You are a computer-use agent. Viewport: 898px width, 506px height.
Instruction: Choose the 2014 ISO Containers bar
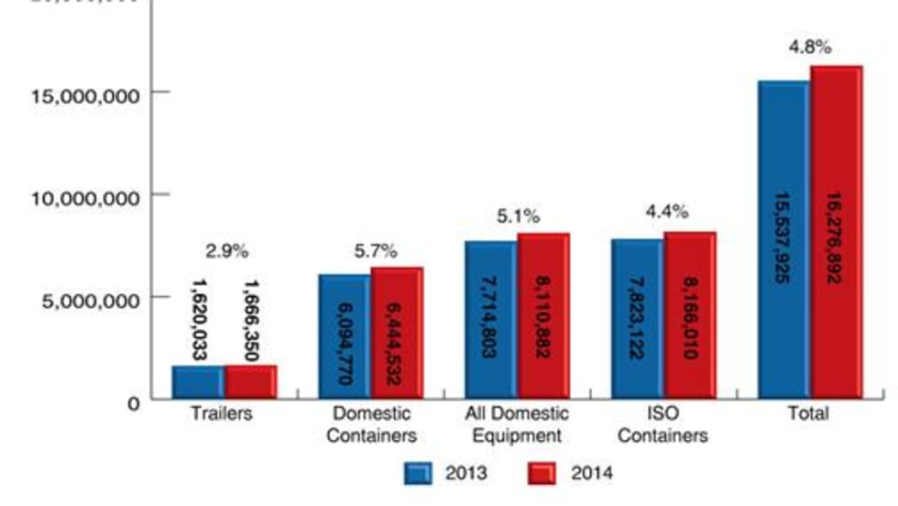point(689,315)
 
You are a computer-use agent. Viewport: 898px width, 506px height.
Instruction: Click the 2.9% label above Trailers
point(225,250)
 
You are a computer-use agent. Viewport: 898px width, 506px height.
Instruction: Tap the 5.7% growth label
point(376,250)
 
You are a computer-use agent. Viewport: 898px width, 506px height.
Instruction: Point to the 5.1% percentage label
point(519,217)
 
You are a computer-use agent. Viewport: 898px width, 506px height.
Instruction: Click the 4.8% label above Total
point(810,47)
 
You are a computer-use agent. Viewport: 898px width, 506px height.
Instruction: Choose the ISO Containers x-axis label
point(663,423)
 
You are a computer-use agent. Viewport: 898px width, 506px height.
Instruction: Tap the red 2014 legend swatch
point(542,473)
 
